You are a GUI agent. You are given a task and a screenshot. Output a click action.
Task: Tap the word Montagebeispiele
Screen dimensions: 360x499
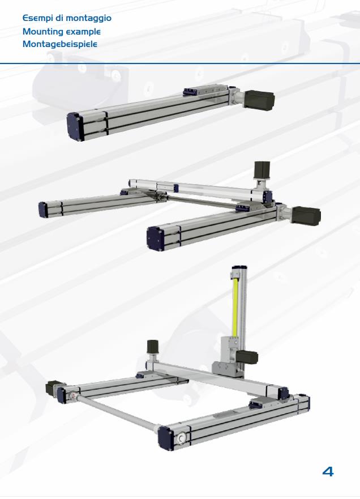[x=60, y=44]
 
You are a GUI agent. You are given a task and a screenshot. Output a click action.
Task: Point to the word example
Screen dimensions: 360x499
[x=83, y=32]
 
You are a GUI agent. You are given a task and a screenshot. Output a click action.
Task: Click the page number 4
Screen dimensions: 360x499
[x=328, y=471]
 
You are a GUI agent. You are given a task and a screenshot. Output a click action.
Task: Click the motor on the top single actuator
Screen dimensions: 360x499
[x=259, y=100]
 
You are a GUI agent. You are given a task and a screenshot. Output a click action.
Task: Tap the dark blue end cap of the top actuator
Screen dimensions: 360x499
[x=75, y=126]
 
